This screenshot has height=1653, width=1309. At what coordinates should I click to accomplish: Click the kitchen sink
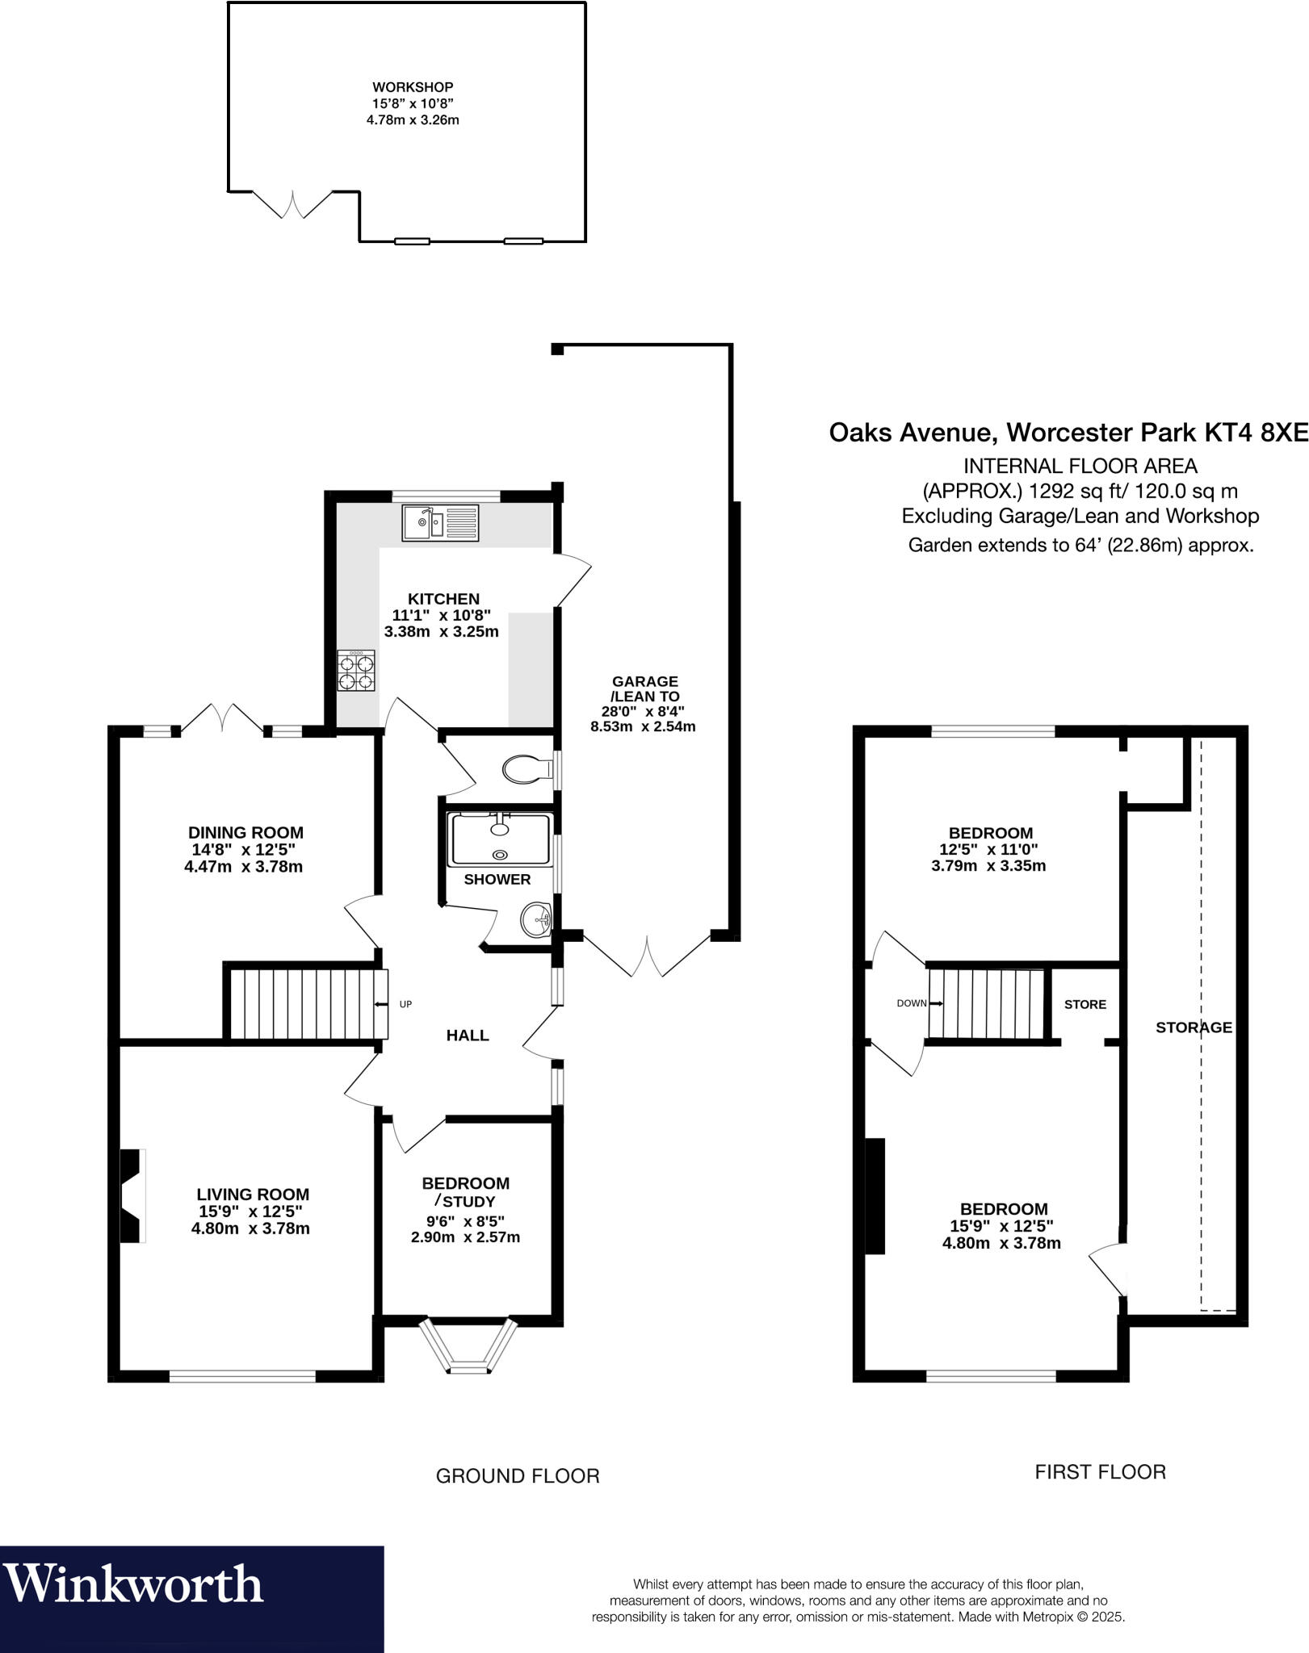(x=440, y=523)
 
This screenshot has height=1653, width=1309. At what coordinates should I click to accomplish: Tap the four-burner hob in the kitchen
(x=356, y=671)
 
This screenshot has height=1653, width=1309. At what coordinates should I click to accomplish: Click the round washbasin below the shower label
(x=536, y=919)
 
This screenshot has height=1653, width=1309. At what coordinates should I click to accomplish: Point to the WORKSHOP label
(x=413, y=87)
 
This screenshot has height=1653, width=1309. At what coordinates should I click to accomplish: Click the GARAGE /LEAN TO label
(x=644, y=688)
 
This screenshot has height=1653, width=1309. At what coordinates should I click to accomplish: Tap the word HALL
(x=468, y=1035)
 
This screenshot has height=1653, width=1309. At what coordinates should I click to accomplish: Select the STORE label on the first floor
(x=1085, y=1004)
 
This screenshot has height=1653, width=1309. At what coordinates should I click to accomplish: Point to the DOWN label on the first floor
(x=912, y=1003)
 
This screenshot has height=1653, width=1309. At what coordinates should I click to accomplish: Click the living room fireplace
(x=133, y=1195)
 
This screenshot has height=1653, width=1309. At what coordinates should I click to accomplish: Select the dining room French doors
(x=222, y=718)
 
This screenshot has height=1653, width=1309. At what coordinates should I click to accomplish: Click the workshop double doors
(x=292, y=205)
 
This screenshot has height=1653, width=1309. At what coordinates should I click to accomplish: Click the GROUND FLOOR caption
(x=518, y=1476)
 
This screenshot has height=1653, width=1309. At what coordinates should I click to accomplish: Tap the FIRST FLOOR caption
(x=1101, y=1472)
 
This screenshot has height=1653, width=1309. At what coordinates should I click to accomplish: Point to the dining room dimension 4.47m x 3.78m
(x=244, y=867)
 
